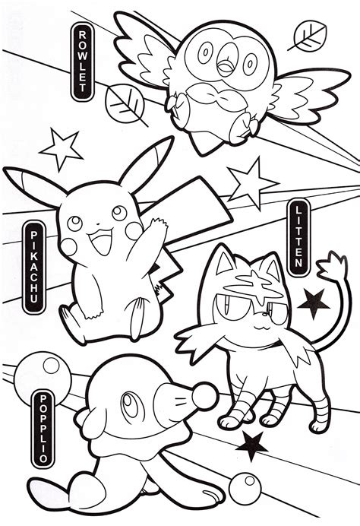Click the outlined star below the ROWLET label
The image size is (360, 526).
point(60,149)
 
